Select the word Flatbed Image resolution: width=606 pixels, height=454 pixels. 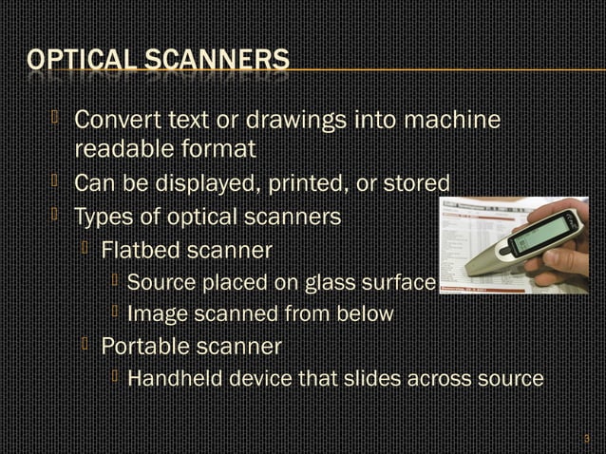point(142,251)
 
